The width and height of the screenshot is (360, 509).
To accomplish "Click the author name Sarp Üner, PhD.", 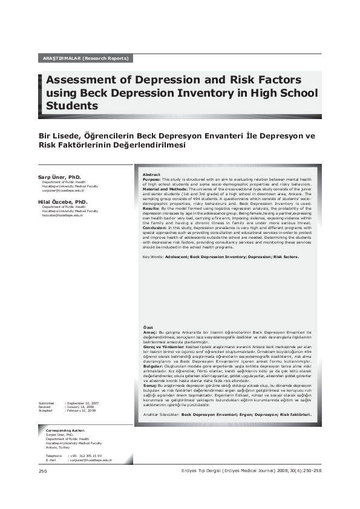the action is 59,177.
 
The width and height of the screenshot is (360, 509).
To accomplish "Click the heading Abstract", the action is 152,175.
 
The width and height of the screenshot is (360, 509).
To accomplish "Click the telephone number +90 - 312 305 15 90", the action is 86,455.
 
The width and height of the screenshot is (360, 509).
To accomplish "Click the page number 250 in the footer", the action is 42,470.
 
